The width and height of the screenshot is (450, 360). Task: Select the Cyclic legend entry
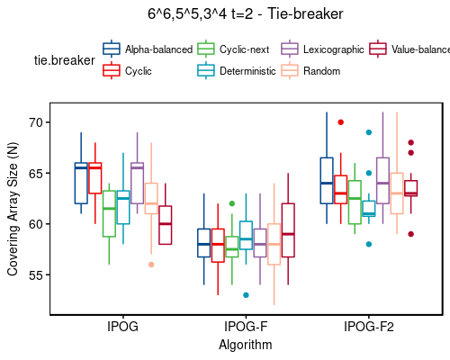point(138,70)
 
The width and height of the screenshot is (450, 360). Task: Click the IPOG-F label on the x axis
point(246,328)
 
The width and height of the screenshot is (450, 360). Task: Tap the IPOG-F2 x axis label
point(366,328)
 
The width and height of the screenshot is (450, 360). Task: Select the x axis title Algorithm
point(246,344)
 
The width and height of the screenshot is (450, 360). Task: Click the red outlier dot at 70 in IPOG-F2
point(340,122)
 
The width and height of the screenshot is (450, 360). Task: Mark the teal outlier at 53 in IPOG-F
point(246,295)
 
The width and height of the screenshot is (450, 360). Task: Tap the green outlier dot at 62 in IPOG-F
point(232,203)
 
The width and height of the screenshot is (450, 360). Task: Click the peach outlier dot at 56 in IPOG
point(151,265)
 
